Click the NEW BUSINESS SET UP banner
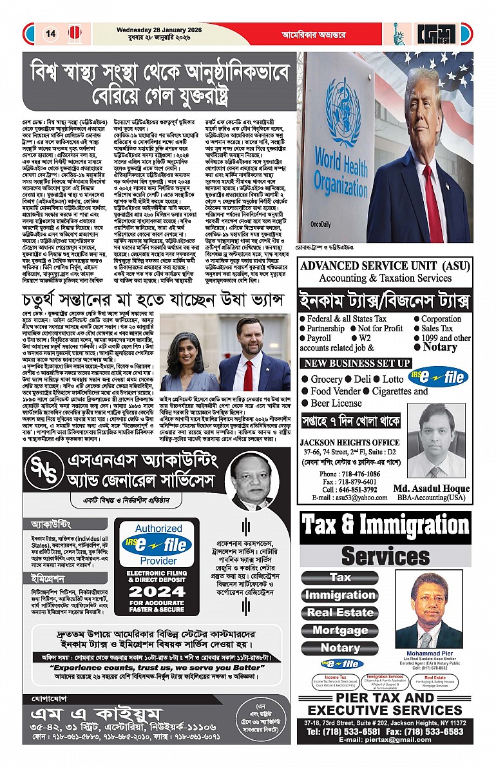(357, 364)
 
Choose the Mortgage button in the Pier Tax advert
(339, 630)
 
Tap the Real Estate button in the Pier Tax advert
(339, 612)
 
